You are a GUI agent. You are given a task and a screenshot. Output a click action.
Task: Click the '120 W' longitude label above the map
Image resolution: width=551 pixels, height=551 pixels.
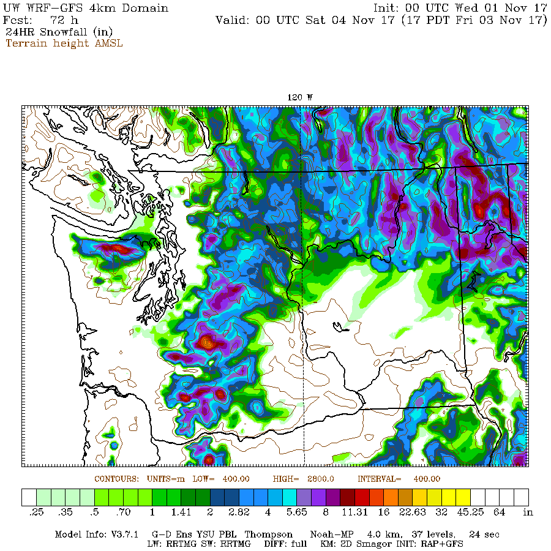pyautogui.click(x=300, y=97)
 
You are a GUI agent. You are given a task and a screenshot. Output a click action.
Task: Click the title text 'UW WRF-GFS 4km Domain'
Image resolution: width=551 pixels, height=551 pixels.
pyautogui.click(x=86, y=8)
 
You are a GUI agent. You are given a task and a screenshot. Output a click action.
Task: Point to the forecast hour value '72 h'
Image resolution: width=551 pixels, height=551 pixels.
pyautogui.click(x=64, y=20)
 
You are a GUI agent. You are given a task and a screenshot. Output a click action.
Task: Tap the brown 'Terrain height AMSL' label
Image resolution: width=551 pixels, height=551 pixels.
pyautogui.click(x=64, y=43)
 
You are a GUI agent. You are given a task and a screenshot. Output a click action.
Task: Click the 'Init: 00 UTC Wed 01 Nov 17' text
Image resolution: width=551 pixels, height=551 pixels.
pyautogui.click(x=460, y=8)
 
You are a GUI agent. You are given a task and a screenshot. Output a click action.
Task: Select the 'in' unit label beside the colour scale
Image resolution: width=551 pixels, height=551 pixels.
pyautogui.click(x=528, y=512)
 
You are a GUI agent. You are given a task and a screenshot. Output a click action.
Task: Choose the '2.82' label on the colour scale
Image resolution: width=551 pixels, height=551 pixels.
pyautogui.click(x=236, y=512)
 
